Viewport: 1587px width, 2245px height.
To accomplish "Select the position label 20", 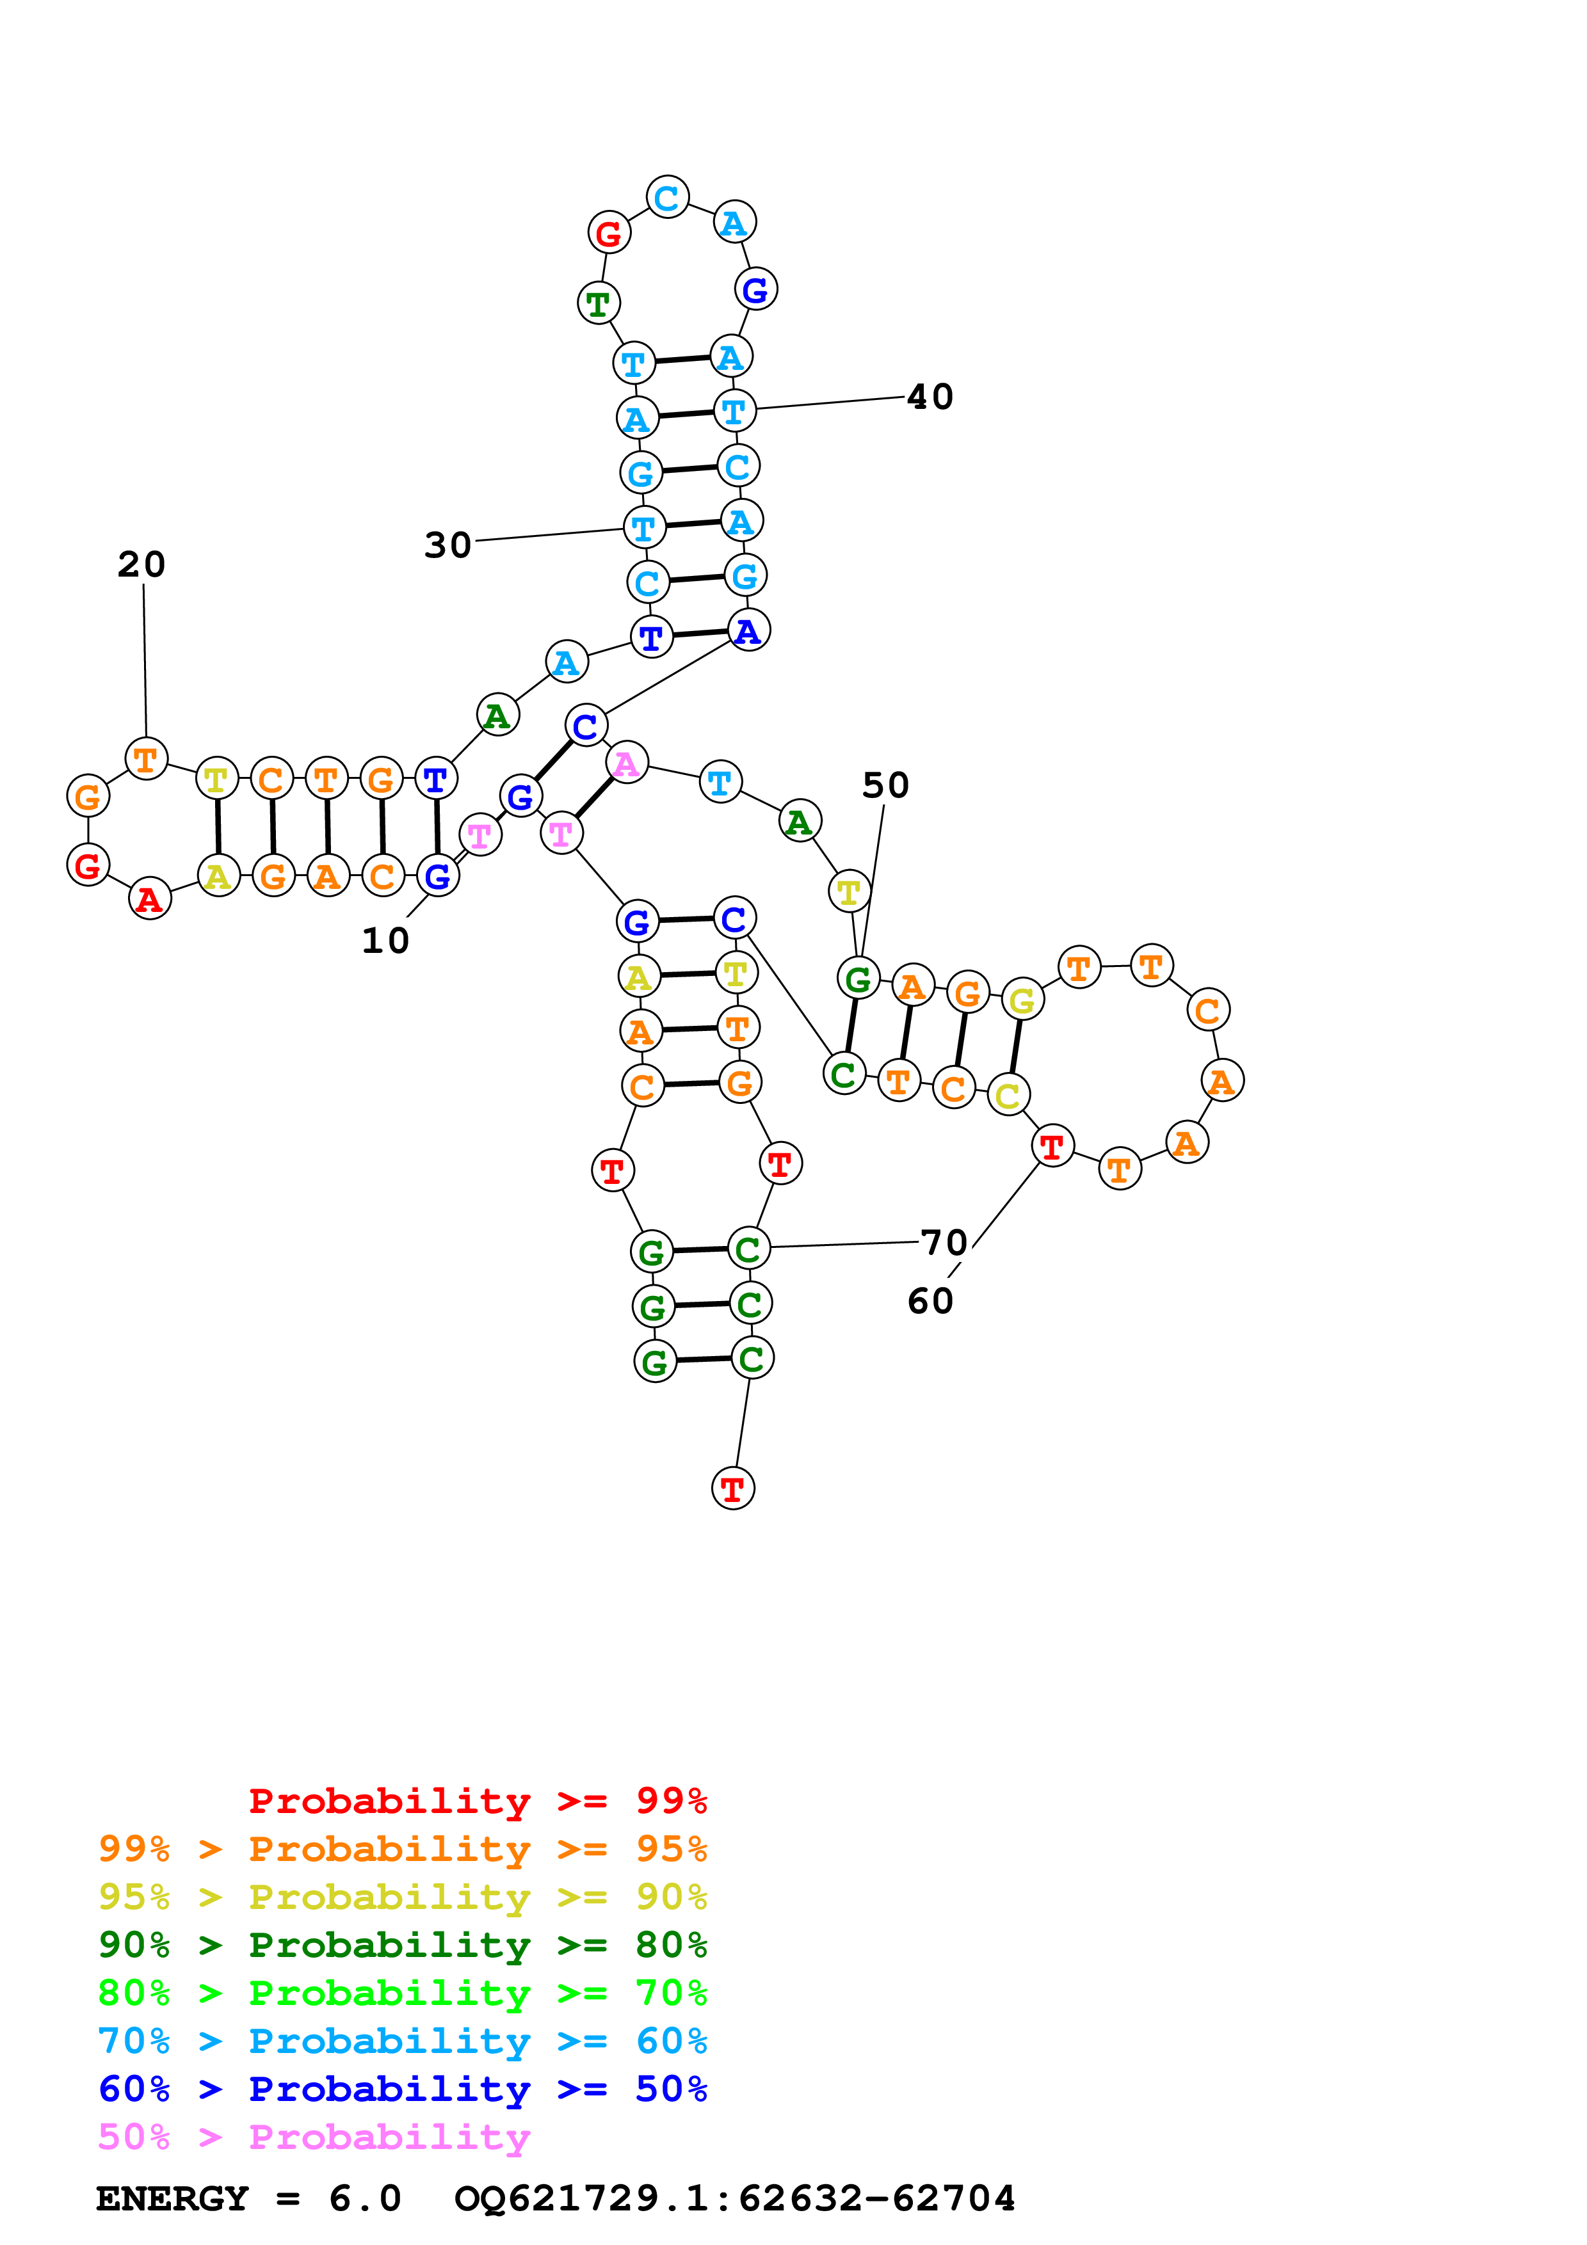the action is [141, 564].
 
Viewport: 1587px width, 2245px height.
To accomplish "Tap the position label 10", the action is [385, 941].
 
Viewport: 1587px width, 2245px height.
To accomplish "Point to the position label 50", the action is [885, 785].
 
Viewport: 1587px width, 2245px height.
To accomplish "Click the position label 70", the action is [944, 1243].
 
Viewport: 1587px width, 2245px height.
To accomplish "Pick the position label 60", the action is [930, 1302].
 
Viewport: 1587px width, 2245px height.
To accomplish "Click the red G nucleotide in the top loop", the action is [608, 234].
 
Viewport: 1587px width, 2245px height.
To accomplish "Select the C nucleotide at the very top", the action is [667, 198].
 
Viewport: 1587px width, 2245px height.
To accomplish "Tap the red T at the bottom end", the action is [732, 1489].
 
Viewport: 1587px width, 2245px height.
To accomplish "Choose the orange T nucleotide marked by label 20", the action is [146, 759].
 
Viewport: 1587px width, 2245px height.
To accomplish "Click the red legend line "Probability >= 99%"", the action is [477, 1801].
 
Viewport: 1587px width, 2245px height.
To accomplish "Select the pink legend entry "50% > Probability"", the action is [313, 2137].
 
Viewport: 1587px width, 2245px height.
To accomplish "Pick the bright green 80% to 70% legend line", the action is [402, 1993].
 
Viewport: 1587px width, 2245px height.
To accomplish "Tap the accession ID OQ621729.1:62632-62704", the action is [734, 2199].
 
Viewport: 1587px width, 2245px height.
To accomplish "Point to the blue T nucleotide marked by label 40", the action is [734, 411].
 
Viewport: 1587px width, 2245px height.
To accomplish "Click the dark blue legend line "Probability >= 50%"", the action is [402, 2089].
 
